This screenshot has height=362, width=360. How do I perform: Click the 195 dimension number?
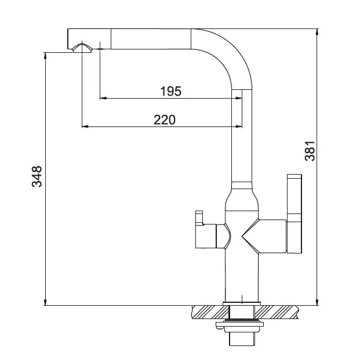click(171, 91)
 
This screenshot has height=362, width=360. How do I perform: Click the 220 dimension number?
click(165, 120)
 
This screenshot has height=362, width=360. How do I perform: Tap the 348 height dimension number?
click(37, 176)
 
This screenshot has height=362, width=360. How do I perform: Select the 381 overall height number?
click(310, 151)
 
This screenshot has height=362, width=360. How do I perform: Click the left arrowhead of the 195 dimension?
click(103, 98)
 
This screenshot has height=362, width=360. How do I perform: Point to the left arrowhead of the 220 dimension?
click(85, 126)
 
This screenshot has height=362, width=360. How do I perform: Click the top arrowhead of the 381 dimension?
click(317, 32)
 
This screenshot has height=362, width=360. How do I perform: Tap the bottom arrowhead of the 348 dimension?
click(45, 302)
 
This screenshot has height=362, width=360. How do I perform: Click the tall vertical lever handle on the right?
click(294, 213)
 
